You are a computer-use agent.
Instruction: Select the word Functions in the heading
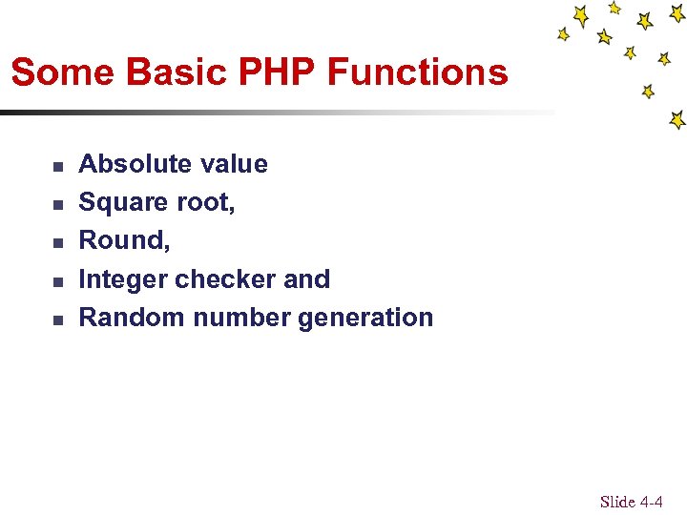pyautogui.click(x=417, y=72)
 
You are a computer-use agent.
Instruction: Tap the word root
pyautogui.click(x=202, y=202)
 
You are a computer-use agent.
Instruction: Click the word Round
pyautogui.click(x=122, y=240)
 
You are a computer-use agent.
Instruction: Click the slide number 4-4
pyautogui.click(x=651, y=502)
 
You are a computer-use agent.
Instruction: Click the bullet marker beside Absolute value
pyautogui.click(x=58, y=166)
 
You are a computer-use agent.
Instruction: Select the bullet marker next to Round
pyautogui.click(x=58, y=243)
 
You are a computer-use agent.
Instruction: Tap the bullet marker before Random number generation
pyautogui.click(x=58, y=320)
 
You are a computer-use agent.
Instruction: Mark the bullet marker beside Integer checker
pyautogui.click(x=58, y=282)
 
